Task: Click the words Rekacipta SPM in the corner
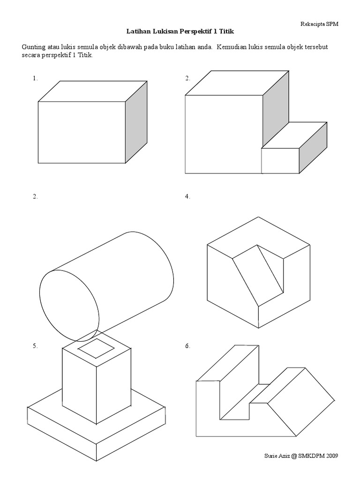click(319, 24)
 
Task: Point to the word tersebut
click(316, 47)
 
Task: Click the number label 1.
click(35, 78)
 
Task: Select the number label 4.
click(187, 197)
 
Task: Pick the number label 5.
click(35, 346)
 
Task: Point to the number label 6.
click(187, 346)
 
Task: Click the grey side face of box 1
click(136, 122)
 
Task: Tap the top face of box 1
click(93, 91)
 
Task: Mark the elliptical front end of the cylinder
click(69, 306)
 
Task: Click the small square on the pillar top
click(97, 348)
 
